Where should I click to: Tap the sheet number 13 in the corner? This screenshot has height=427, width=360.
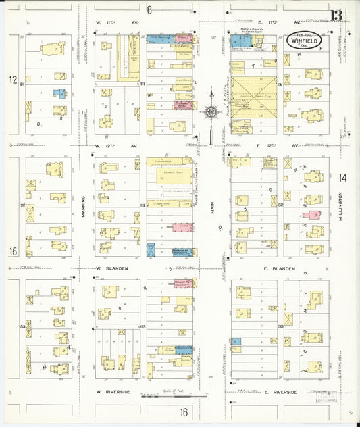[336, 16]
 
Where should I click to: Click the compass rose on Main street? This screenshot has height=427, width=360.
[211, 111]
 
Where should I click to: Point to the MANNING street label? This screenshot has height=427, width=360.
[84, 207]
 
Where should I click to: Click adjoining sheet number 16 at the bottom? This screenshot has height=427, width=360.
[183, 412]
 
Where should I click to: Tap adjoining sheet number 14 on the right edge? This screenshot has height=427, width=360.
[343, 178]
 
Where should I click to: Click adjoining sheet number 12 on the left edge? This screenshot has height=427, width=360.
[12, 80]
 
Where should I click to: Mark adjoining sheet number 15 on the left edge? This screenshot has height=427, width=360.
[12, 251]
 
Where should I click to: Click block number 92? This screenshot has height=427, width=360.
[22, 205]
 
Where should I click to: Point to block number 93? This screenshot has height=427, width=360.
[22, 326]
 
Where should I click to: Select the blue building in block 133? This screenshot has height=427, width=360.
[236, 343]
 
